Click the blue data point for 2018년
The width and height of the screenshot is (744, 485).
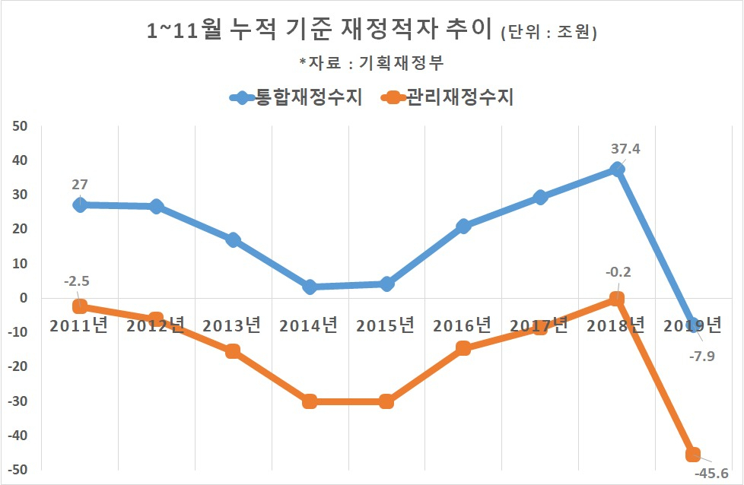coord(617,170)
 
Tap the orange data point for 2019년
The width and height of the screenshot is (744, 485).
coord(693,454)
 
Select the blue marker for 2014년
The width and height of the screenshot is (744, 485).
coord(310,287)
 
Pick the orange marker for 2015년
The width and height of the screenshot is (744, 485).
coord(386,401)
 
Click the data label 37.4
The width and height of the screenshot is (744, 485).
coord(625,149)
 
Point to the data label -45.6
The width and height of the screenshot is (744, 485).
coord(711,473)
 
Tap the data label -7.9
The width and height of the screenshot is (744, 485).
coord(701,356)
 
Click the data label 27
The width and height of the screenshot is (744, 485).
coord(80,185)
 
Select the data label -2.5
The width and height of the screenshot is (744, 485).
coord(76,281)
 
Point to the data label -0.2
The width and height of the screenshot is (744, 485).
coord(618,272)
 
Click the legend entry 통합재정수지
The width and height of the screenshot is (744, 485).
coord(296,97)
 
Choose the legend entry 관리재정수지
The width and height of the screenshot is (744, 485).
coord(447,97)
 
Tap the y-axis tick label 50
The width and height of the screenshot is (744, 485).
coord(20,127)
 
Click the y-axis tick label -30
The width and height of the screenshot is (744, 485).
coord(17,401)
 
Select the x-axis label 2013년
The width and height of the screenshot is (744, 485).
coord(231,325)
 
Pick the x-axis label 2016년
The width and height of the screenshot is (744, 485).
coord(462,325)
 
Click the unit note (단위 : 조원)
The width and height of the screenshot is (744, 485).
coord(549,33)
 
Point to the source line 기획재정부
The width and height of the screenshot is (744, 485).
coord(402,62)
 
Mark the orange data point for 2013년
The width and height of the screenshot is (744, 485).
coord(233,351)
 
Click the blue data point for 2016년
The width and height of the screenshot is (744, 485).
coord(463,226)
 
